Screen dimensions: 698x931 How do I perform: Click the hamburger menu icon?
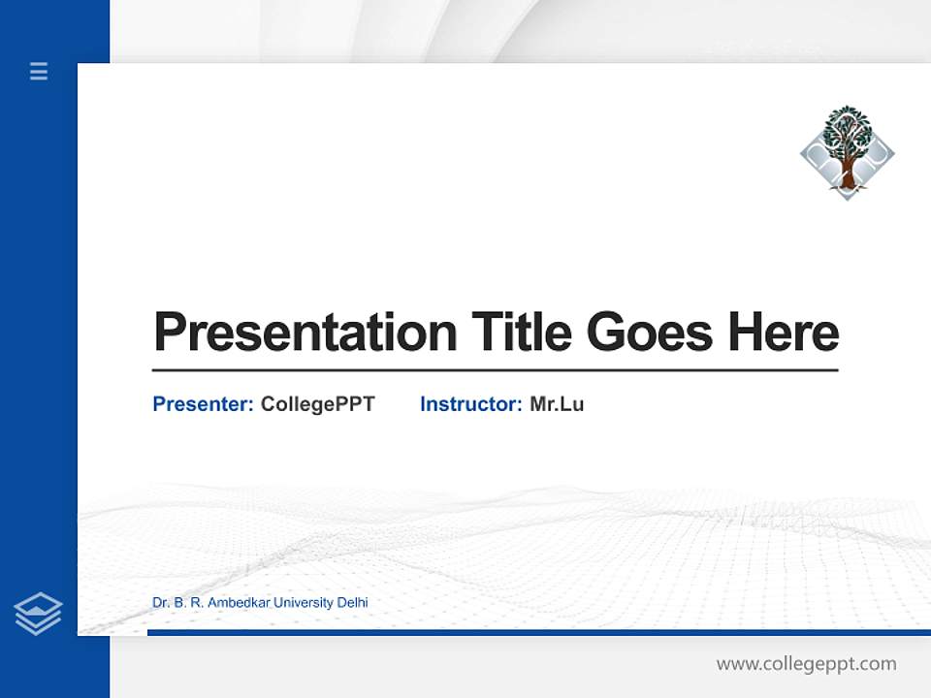pyautogui.click(x=39, y=71)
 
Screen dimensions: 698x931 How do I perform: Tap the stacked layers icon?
pyautogui.click(x=38, y=614)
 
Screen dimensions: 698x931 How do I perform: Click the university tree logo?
pyautogui.click(x=848, y=152)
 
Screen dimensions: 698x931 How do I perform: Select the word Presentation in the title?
pyautogui.click(x=305, y=332)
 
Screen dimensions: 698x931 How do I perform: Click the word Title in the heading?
pyautogui.click(x=522, y=332)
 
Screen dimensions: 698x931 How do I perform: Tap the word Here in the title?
pyautogui.click(x=784, y=332)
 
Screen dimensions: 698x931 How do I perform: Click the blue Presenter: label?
pyautogui.click(x=204, y=404)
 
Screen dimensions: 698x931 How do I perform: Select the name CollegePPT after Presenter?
pyautogui.click(x=317, y=404)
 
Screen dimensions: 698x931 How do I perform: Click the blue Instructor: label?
pyautogui.click(x=471, y=404)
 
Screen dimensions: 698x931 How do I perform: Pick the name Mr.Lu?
pyautogui.click(x=557, y=404)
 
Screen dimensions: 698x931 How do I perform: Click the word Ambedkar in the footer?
pyautogui.click(x=240, y=603)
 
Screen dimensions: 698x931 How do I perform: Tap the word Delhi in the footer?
pyautogui.click(x=352, y=603)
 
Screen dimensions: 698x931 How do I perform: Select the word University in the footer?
pyautogui.click(x=304, y=603)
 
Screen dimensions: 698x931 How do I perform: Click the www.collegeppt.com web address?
pyautogui.click(x=806, y=664)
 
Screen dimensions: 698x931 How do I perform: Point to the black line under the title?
pyautogui.click(x=495, y=370)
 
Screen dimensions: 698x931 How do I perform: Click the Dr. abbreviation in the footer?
pyautogui.click(x=161, y=603)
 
